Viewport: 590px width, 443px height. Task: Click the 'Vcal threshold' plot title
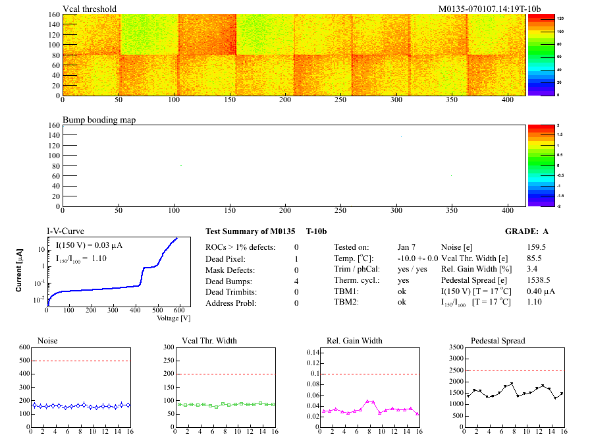(90, 9)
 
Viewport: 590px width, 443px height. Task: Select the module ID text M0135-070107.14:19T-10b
(489, 9)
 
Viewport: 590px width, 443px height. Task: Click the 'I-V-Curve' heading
(65, 231)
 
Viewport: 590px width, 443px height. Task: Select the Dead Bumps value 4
(297, 281)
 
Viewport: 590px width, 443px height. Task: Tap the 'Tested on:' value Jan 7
(407, 247)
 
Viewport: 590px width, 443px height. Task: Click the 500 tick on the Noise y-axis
(24, 361)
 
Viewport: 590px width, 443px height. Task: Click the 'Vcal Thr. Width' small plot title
(209, 341)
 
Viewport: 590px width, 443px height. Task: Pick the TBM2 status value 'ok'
(402, 303)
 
